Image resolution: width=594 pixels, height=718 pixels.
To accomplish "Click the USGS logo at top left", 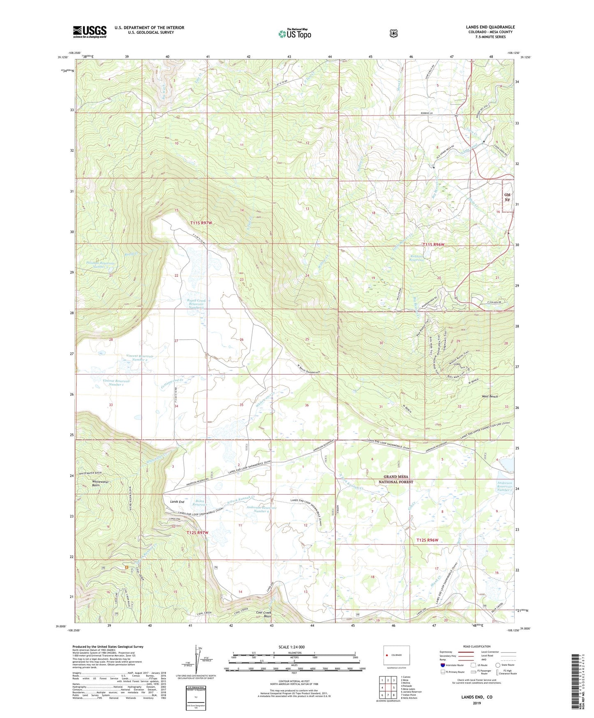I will coord(90,32).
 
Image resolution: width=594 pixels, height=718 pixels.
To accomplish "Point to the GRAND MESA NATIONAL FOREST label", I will coord(396,479).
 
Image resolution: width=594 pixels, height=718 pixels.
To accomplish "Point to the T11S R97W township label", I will coord(201,223).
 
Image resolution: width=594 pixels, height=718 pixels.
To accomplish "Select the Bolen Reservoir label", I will coord(200,503).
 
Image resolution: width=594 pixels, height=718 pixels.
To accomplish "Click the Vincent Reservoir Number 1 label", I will coord(116,383).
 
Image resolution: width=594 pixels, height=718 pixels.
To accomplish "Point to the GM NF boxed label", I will coord(507,197).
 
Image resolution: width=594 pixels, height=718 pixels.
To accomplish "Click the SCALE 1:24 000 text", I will coord(291,647).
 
